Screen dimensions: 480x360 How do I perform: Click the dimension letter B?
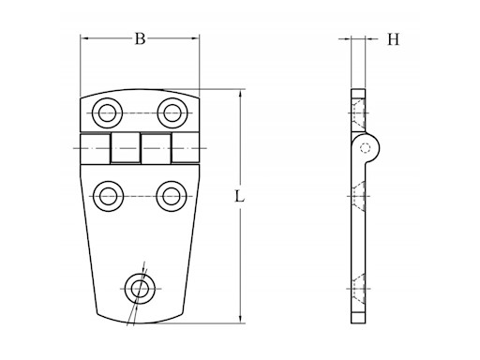pyautogui.click(x=140, y=39)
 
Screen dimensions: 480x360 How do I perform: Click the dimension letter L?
pyautogui.click(x=239, y=197)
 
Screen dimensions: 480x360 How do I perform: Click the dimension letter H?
pyautogui.click(x=394, y=39)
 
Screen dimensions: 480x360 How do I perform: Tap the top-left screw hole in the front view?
pyautogui.click(x=108, y=113)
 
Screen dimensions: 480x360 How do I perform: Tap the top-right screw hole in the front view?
pyautogui.click(x=172, y=113)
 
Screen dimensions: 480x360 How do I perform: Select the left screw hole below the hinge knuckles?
pyautogui.click(x=109, y=196)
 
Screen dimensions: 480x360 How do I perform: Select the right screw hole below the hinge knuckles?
pyautogui.click(x=172, y=196)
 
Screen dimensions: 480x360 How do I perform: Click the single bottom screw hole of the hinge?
pyautogui.click(x=140, y=289)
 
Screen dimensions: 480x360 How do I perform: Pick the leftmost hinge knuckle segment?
pyautogui.click(x=96, y=148)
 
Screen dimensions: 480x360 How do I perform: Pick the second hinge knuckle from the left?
pyautogui.click(x=126, y=147)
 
